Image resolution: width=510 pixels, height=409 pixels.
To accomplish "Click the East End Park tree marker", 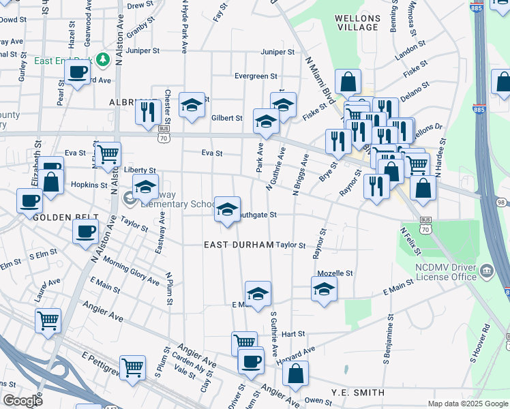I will coord(103,60).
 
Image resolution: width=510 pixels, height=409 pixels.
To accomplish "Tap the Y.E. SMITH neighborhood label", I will coord(358,393).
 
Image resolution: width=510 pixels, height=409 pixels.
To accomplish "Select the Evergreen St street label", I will coord(256,76).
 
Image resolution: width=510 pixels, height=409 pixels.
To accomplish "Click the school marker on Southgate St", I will coord(227,209).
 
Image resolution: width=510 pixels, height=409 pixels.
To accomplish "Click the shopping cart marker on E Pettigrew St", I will coord(132,368).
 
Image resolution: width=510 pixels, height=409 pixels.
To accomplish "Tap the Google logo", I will coord(23,401).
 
